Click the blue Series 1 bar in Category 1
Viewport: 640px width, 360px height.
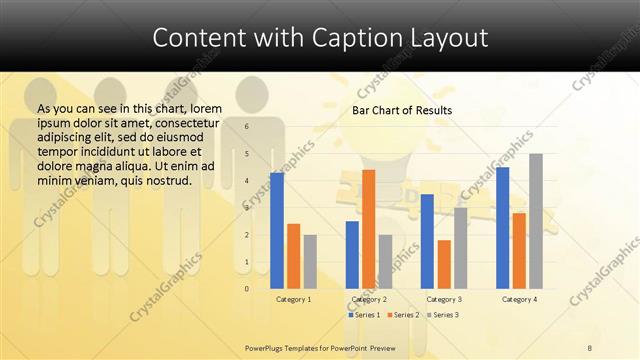click(x=277, y=231)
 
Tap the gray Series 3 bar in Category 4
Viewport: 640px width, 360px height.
click(x=536, y=221)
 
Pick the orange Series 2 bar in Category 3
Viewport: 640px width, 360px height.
click(x=444, y=264)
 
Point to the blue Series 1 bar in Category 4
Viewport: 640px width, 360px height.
click(x=502, y=228)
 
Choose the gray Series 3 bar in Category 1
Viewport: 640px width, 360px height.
click(x=310, y=262)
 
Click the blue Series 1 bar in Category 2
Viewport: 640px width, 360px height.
click(x=352, y=255)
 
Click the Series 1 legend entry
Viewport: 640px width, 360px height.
click(x=365, y=315)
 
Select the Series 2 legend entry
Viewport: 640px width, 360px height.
click(x=402, y=315)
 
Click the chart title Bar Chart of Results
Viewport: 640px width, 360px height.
click(x=402, y=110)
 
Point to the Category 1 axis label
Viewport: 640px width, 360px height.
click(x=294, y=299)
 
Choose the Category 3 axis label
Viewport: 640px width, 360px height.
click(x=444, y=299)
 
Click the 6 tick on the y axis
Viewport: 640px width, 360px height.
click(x=246, y=127)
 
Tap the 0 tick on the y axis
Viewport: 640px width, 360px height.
click(x=246, y=289)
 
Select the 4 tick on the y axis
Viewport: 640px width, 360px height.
click(x=246, y=181)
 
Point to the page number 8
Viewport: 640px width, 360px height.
click(x=589, y=347)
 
